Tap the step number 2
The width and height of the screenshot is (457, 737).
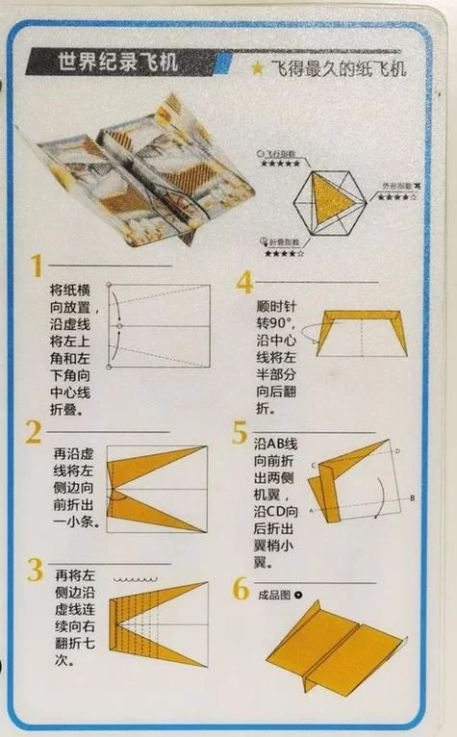35,431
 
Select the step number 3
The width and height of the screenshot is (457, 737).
35,570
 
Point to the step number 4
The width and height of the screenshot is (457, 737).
244,282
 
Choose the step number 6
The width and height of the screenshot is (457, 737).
241,589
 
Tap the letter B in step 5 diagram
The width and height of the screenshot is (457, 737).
412,497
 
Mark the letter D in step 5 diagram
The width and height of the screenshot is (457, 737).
397,450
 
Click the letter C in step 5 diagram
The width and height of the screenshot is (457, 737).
313,465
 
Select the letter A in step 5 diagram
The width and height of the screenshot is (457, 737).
311,510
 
